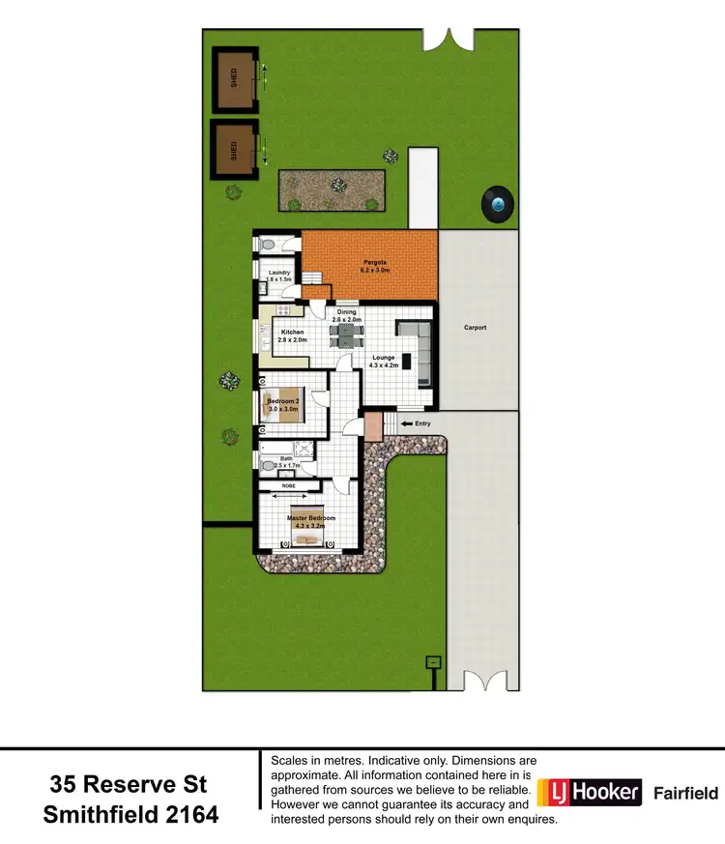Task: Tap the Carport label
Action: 475,328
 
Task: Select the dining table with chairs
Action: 345,335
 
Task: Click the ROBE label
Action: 288,485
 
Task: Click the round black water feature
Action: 498,204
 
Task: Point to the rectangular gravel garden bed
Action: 333,190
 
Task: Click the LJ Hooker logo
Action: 590,793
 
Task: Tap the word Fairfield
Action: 686,794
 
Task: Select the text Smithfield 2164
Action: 130,815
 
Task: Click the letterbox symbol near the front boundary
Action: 434,663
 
